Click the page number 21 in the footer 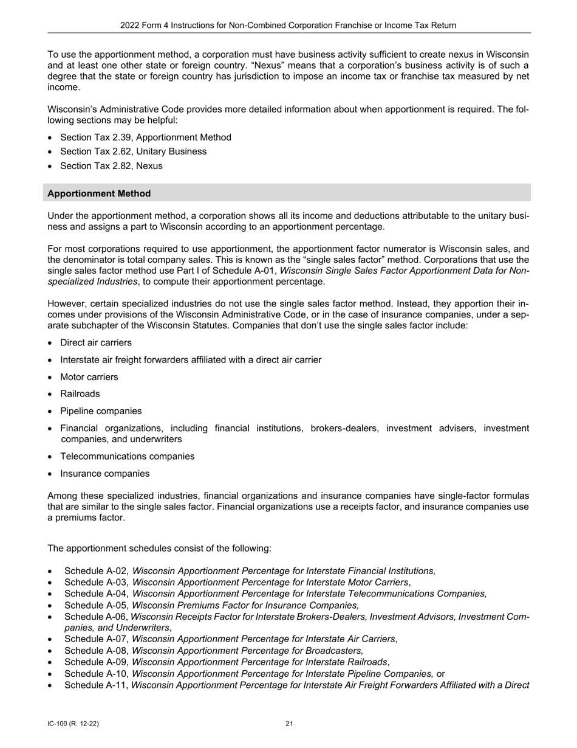tap(289, 724)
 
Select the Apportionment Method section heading tap(99, 193)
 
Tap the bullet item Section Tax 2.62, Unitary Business tap(133, 151)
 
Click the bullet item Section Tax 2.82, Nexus tap(111, 166)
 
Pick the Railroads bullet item tap(80, 394)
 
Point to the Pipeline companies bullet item tap(101, 411)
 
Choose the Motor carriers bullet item tap(89, 377)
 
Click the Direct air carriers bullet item tap(96, 343)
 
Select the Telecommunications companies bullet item tap(128, 456)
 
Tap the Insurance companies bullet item tap(104, 474)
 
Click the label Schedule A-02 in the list tap(96, 571)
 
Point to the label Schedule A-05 tap(96, 605)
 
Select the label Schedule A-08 tap(96, 651)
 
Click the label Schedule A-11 tap(96, 685)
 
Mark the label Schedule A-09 tap(96, 662)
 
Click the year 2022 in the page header tap(131, 25)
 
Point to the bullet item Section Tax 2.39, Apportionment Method tap(146, 137)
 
